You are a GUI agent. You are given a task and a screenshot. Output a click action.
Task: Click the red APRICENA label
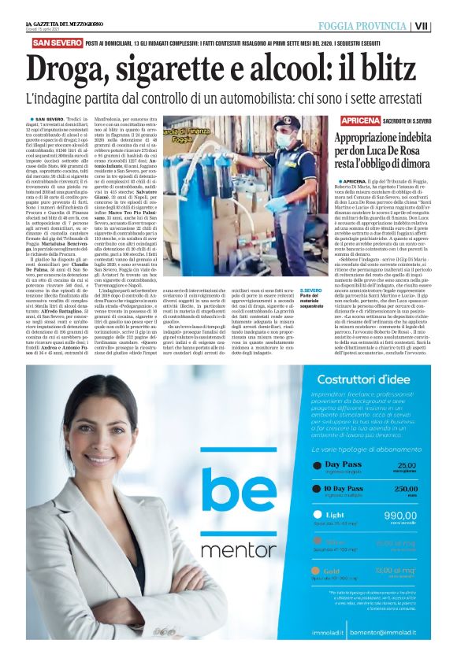click(x=360, y=120)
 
